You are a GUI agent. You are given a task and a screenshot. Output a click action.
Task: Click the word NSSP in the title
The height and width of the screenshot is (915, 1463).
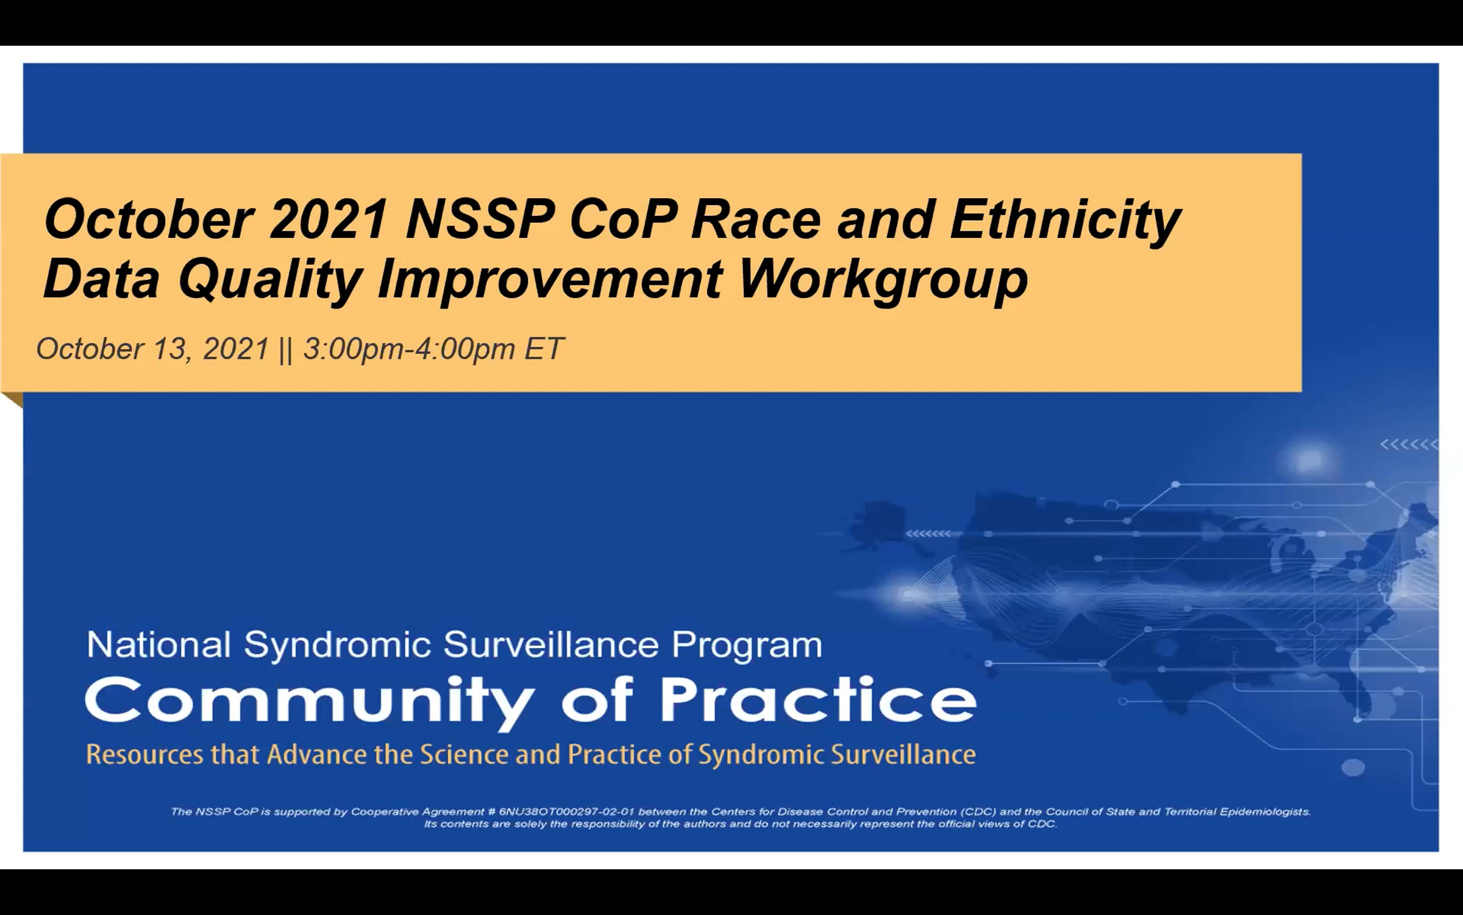click(480, 220)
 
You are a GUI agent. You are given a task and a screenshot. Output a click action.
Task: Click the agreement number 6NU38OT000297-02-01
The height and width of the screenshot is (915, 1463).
click(567, 812)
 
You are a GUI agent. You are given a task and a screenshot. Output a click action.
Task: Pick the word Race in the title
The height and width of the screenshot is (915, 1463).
click(756, 220)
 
